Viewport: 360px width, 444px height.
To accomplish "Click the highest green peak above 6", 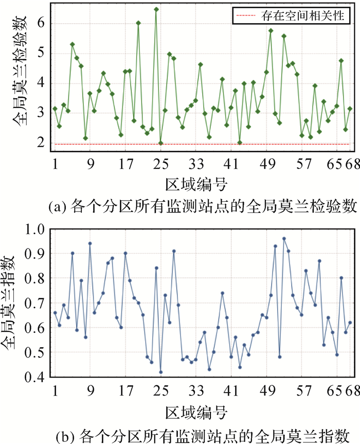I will coord(156,9).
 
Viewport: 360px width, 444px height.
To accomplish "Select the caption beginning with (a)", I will coord(197,206).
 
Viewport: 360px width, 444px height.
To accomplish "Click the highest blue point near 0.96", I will coord(284,239).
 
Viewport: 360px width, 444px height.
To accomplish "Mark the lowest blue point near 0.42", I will coord(160,372).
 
